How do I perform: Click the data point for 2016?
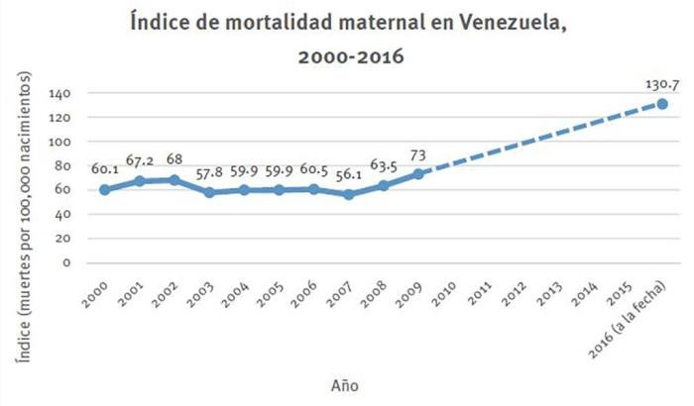pyautogui.click(x=662, y=104)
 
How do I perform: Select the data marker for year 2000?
pyautogui.click(x=104, y=189)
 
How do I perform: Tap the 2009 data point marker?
pyautogui.click(x=418, y=173)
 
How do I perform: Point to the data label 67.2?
pyautogui.click(x=139, y=160)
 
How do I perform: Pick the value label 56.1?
pyautogui.click(x=348, y=174)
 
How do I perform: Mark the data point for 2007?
pyautogui.click(x=348, y=194)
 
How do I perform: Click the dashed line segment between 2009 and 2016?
pyautogui.click(x=540, y=139)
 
